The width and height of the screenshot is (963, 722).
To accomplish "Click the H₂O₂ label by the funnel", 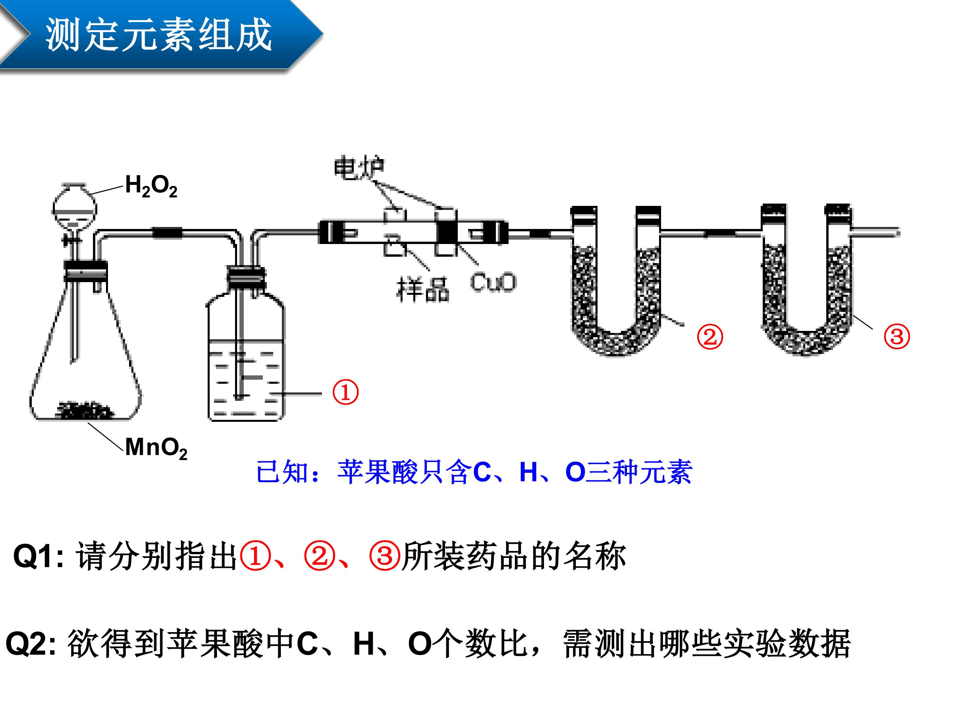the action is click(151, 186).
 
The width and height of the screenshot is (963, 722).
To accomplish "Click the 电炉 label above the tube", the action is click(359, 169).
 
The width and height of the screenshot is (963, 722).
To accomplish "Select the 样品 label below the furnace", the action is click(422, 289).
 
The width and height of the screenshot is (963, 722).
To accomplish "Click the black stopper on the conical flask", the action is click(86, 271).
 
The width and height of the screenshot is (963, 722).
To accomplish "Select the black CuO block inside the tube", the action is click(447, 233).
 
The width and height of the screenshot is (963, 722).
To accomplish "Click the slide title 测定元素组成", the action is click(159, 35).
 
